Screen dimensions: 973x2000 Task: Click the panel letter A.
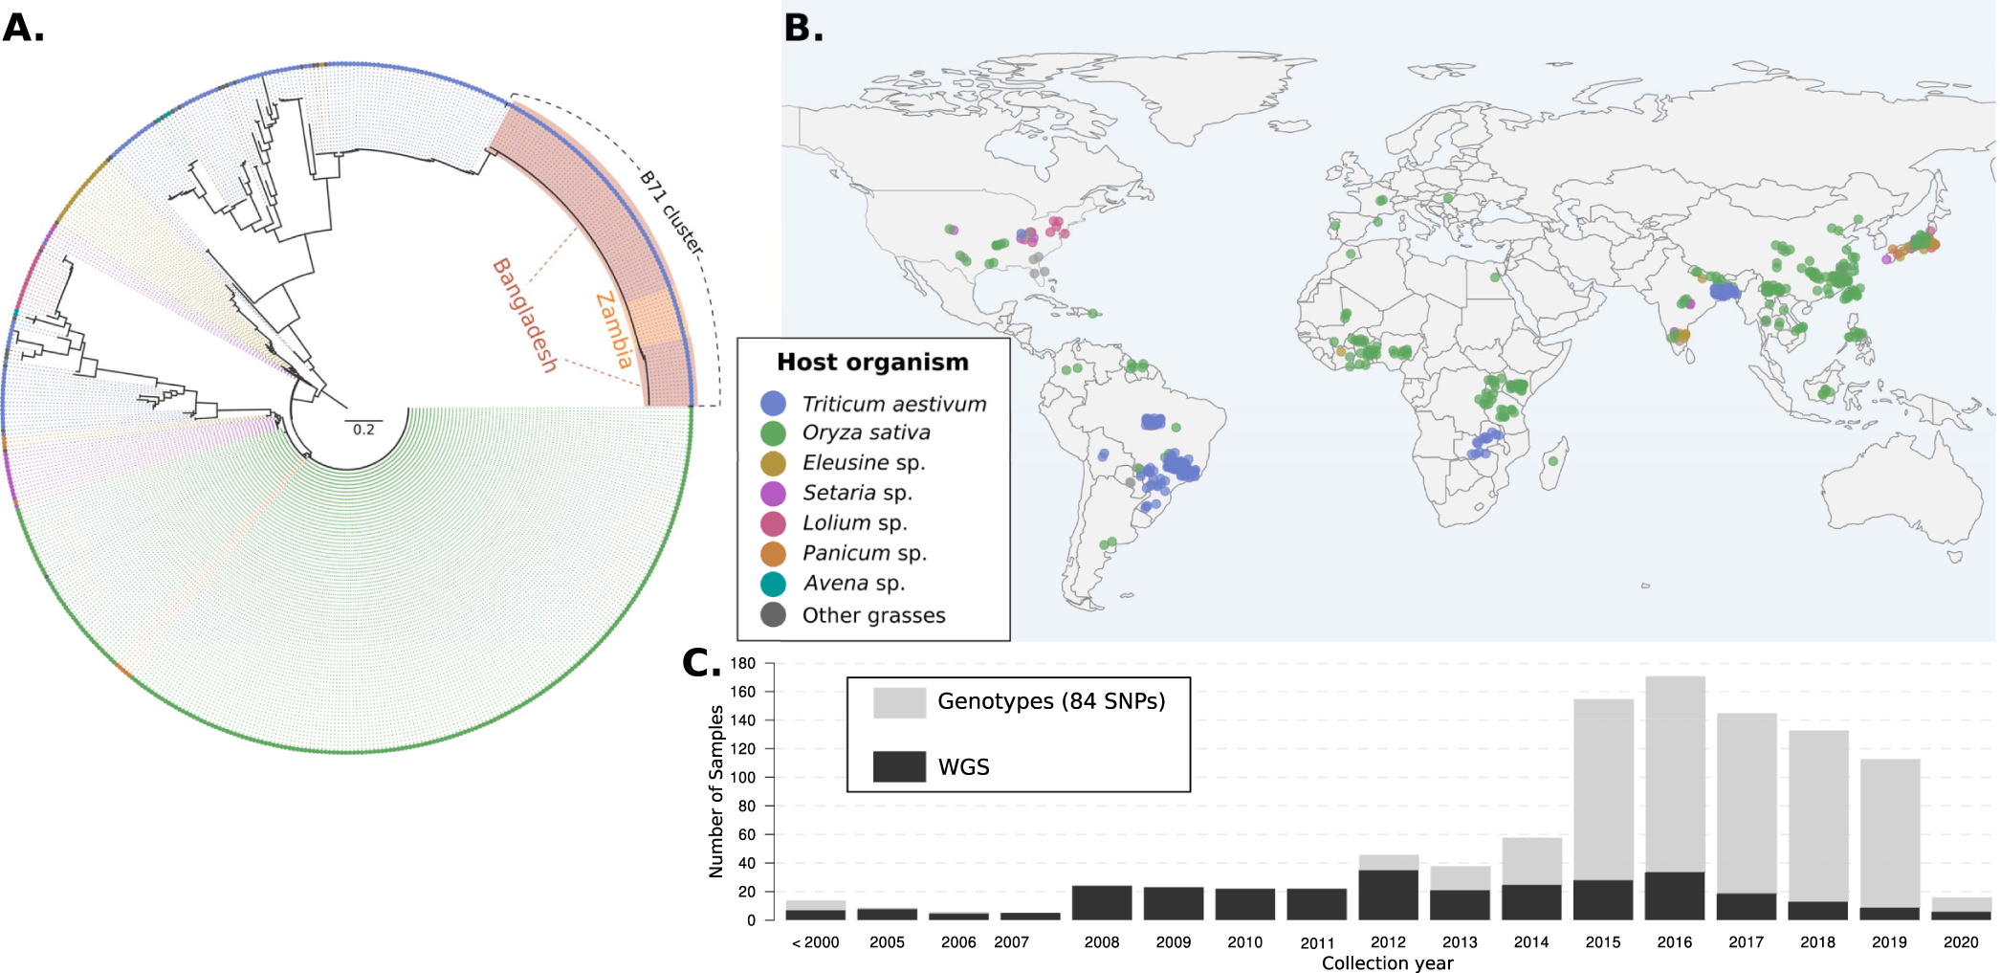tap(23, 28)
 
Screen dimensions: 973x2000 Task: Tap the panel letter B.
tap(802, 28)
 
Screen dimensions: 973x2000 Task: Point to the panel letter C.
tap(700, 662)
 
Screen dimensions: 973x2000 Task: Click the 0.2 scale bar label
tap(363, 430)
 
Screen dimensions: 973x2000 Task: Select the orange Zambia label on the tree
tap(614, 331)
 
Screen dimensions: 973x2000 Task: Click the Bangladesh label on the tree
tap(524, 316)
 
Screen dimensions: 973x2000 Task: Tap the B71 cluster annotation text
tap(671, 212)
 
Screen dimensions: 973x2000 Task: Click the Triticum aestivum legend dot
tap(773, 404)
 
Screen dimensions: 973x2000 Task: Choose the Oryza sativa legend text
tap(866, 432)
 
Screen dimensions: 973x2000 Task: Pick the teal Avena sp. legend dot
tap(773, 584)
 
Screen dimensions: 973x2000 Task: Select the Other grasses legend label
tap(873, 615)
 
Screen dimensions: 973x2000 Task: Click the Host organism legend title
tap(872, 363)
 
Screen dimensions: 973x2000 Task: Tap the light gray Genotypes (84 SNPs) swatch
tap(899, 702)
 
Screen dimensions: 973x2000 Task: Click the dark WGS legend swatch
tap(899, 766)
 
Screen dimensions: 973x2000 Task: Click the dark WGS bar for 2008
tap(1102, 902)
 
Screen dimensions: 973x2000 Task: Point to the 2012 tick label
tap(1388, 942)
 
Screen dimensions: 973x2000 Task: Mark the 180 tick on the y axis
tap(743, 663)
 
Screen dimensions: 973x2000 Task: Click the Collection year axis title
tap(1387, 962)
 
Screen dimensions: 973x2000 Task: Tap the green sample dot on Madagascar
tap(1553, 461)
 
